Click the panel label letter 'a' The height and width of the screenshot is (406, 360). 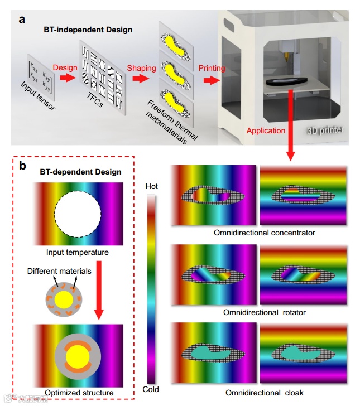(x=22, y=20)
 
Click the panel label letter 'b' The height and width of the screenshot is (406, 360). (x=22, y=166)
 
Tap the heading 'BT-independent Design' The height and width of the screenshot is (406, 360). (x=88, y=30)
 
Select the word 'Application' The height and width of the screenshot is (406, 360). (x=266, y=131)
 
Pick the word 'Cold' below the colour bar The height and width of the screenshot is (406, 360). (x=151, y=389)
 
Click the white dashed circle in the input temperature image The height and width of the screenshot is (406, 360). (x=78, y=214)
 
